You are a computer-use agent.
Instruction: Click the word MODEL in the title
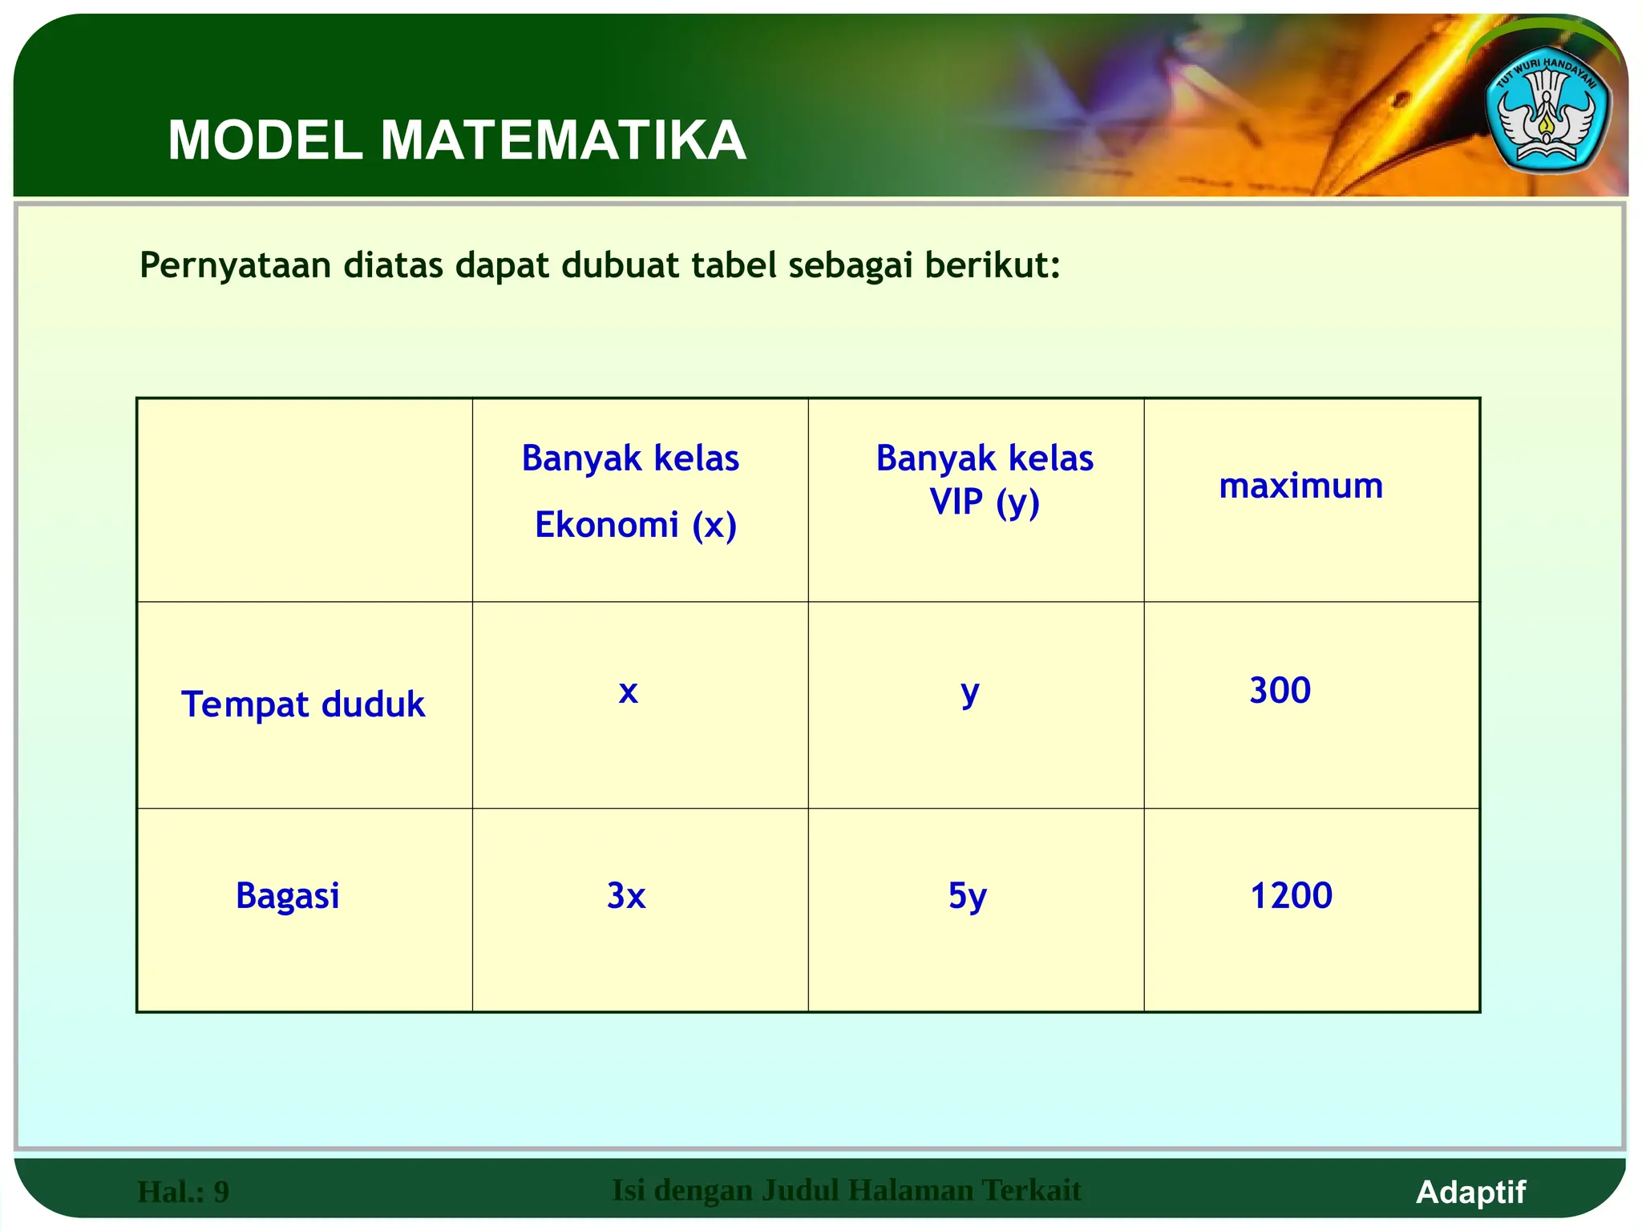(265, 141)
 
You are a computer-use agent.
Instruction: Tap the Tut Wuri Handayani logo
(1547, 117)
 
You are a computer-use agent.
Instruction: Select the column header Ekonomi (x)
(635, 525)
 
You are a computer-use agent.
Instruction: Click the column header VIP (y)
(985, 502)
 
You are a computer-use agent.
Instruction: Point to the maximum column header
(1300, 486)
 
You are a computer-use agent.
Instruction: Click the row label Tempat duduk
(303, 704)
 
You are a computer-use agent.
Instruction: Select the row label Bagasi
(287, 895)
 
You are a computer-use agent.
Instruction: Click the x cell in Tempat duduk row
(628, 691)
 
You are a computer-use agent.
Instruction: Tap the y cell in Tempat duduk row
(970, 691)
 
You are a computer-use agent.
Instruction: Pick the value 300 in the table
(1280, 690)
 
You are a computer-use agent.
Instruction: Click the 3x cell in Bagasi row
(626, 895)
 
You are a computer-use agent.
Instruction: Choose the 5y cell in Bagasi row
(968, 895)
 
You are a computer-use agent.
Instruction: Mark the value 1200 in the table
(1291, 895)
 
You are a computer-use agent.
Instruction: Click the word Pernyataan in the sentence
(235, 265)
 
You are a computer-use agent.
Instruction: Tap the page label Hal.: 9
(183, 1192)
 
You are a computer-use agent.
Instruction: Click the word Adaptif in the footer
(1470, 1192)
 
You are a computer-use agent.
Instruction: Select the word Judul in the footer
(799, 1190)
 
